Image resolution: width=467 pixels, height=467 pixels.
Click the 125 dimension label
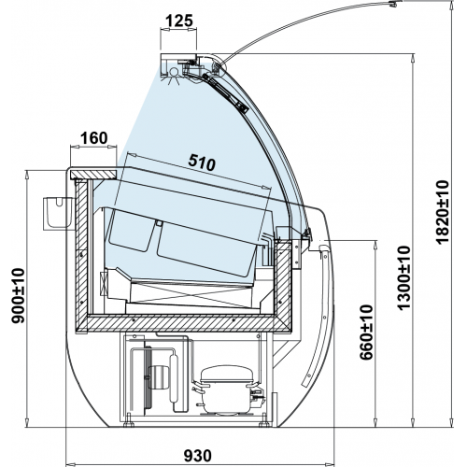click(x=179, y=21)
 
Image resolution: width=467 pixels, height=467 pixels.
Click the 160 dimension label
click(x=93, y=138)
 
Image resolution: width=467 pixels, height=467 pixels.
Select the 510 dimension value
click(x=202, y=163)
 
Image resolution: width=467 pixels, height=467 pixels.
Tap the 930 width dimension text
click(x=197, y=456)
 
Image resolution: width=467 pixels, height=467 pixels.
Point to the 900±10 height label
click(x=18, y=296)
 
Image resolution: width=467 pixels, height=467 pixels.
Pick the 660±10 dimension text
click(x=366, y=333)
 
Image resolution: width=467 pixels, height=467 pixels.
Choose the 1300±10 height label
click(x=404, y=277)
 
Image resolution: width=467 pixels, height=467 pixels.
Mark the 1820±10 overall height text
click(x=443, y=212)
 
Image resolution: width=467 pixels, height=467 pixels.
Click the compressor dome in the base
click(x=226, y=375)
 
